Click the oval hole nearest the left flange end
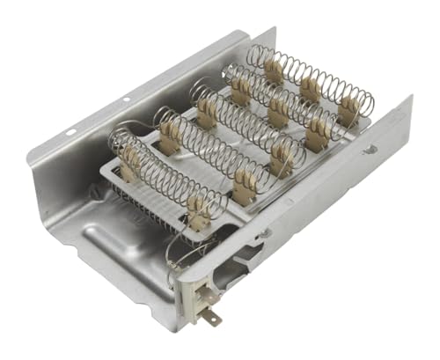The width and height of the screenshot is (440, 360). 70,132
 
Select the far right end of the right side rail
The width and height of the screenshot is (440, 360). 407,110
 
